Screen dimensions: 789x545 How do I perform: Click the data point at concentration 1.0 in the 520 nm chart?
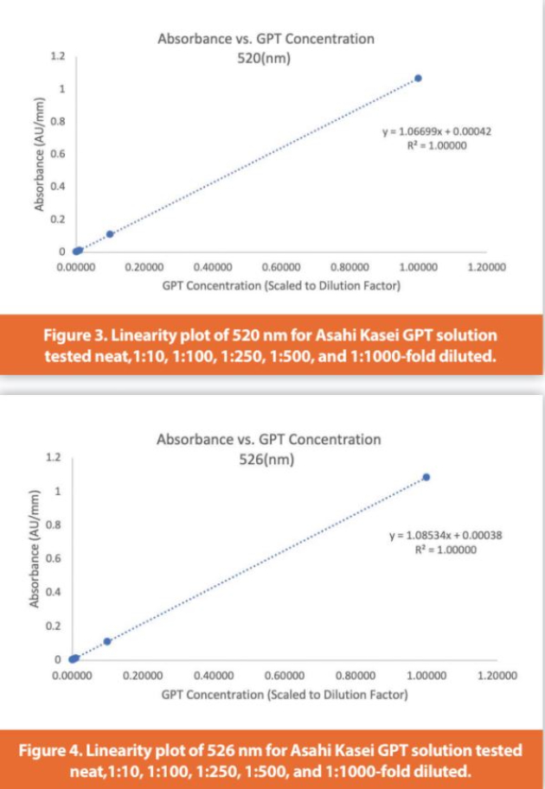click(x=418, y=79)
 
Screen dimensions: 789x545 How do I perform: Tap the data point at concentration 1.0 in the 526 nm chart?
click(x=426, y=477)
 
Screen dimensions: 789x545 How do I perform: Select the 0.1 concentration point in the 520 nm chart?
click(x=110, y=234)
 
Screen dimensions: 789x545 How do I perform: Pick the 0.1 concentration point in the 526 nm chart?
click(x=107, y=641)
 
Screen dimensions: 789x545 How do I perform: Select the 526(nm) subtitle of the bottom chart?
click(x=268, y=459)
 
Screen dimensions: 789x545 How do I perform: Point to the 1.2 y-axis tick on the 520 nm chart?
click(x=58, y=57)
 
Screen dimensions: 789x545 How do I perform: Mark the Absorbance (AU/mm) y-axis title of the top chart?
click(x=40, y=155)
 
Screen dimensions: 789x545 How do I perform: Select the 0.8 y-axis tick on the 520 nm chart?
click(x=58, y=121)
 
